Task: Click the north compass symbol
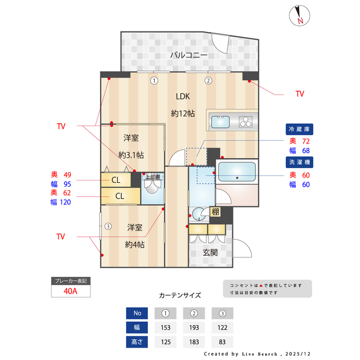pyautogui.click(x=299, y=15)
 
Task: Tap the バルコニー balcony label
pyautogui.click(x=189, y=55)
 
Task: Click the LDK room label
pyautogui.click(x=183, y=95)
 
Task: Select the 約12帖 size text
pyautogui.click(x=183, y=113)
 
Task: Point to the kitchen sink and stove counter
pyautogui.click(x=233, y=121)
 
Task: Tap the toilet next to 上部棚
pyautogui.click(x=152, y=193)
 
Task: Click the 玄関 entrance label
pyautogui.click(x=210, y=253)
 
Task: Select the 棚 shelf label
pyautogui.click(x=215, y=212)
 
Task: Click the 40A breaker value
pyautogui.click(x=70, y=292)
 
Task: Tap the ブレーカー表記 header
pyautogui.click(x=70, y=280)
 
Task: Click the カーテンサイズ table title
pyautogui.click(x=179, y=295)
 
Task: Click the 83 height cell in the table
pyautogui.click(x=223, y=341)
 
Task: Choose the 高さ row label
pyautogui.click(x=137, y=341)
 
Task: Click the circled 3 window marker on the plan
pyautogui.click(x=107, y=227)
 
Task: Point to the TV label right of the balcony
pyautogui.click(x=299, y=94)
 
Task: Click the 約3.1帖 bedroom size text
pyautogui.click(x=131, y=155)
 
